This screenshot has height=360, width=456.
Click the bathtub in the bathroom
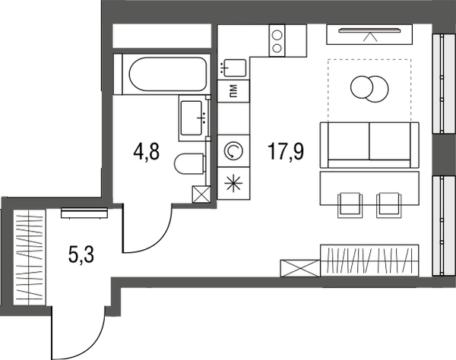tap(160, 74)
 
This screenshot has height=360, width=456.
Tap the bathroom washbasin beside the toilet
tap(194, 117)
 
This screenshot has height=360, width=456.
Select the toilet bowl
tap(188, 163)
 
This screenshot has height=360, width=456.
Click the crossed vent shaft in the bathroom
tap(202, 194)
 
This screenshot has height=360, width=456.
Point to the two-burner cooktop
tap(277, 40)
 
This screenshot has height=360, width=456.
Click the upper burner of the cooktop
tap(277, 33)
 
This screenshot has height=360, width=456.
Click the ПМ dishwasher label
tap(233, 93)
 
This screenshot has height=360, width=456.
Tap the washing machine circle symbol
tap(233, 150)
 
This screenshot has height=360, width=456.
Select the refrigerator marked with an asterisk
tap(233, 183)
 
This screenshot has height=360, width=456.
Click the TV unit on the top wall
tap(369, 34)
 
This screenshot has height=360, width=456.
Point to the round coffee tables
tap(368, 88)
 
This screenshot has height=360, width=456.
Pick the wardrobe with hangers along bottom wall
tap(369, 262)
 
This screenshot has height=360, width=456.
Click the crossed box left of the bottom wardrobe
tap(300, 270)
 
